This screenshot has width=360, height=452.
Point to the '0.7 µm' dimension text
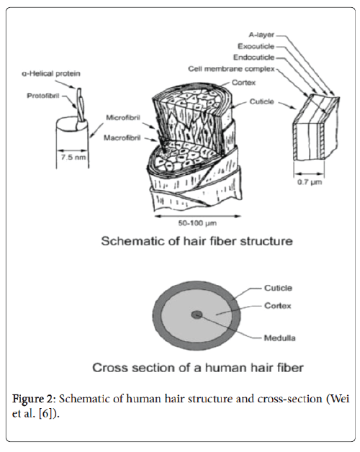tap(307, 184)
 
